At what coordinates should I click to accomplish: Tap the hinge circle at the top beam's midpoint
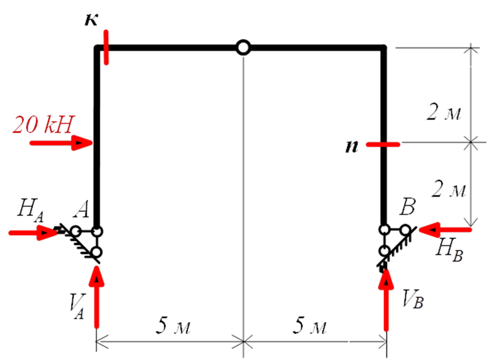point(243,48)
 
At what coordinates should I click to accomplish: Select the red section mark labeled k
point(107,48)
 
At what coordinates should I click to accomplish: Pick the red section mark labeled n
point(383,144)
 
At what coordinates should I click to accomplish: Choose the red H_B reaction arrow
point(448,229)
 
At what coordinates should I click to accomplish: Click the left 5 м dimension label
point(173,327)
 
